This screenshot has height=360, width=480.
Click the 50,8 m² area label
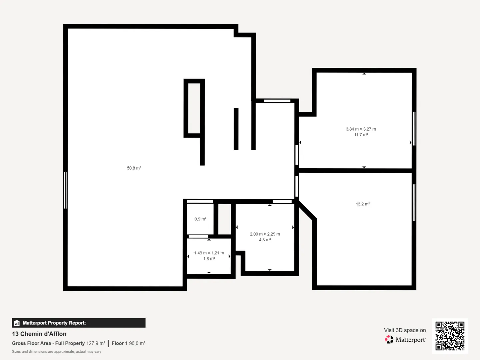134,168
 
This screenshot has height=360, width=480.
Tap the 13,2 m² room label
363,204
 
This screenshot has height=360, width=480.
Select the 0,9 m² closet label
200,219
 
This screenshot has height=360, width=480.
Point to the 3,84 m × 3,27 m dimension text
361,129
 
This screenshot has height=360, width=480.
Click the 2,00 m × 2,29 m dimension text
265,234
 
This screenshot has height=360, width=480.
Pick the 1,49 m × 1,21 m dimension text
209,253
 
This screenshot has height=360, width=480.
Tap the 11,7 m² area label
361,135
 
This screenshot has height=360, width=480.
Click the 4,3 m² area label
265,240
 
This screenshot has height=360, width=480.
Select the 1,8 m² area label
209,259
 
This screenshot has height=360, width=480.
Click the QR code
450,336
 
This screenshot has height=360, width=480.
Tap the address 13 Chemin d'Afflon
39,334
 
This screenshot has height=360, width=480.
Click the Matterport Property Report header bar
79,323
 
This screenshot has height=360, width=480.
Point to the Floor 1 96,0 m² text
128,343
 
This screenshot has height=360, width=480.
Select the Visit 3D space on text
405,330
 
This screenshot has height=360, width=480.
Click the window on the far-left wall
65,190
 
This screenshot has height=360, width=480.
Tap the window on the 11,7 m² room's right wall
414,128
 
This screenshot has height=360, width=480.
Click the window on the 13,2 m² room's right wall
414,202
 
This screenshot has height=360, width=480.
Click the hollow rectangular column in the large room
194,108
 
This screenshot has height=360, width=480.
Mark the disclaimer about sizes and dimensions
57,352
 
